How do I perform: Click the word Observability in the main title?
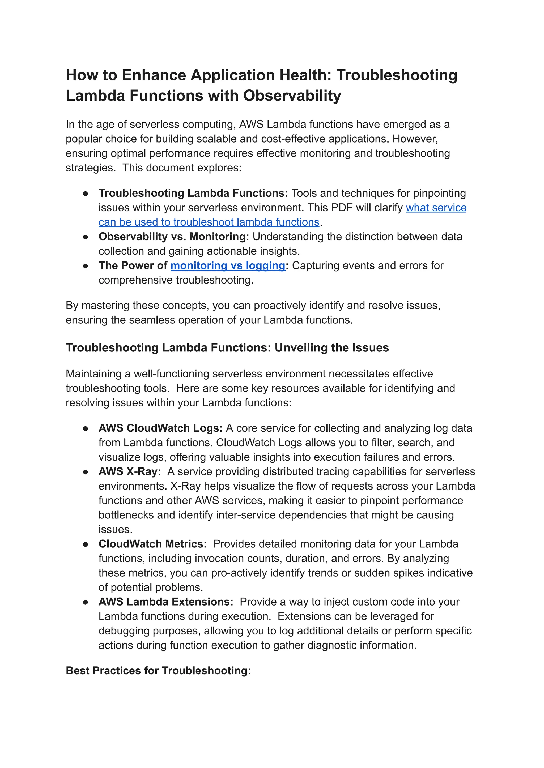pos(292,96)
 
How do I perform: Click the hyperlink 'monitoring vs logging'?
pos(228,265)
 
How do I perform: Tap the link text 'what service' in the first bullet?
pos(436,208)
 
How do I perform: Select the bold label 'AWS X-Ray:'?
pos(130,471)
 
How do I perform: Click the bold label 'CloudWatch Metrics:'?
pos(152,544)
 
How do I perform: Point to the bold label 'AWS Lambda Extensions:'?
pos(166,602)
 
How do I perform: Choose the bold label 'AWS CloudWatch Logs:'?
pos(160,428)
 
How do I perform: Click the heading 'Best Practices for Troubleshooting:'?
pos(158,671)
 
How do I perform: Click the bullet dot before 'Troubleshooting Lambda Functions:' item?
pos(86,194)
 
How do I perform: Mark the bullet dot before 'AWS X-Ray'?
pos(86,472)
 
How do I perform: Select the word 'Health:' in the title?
pos(305,75)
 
